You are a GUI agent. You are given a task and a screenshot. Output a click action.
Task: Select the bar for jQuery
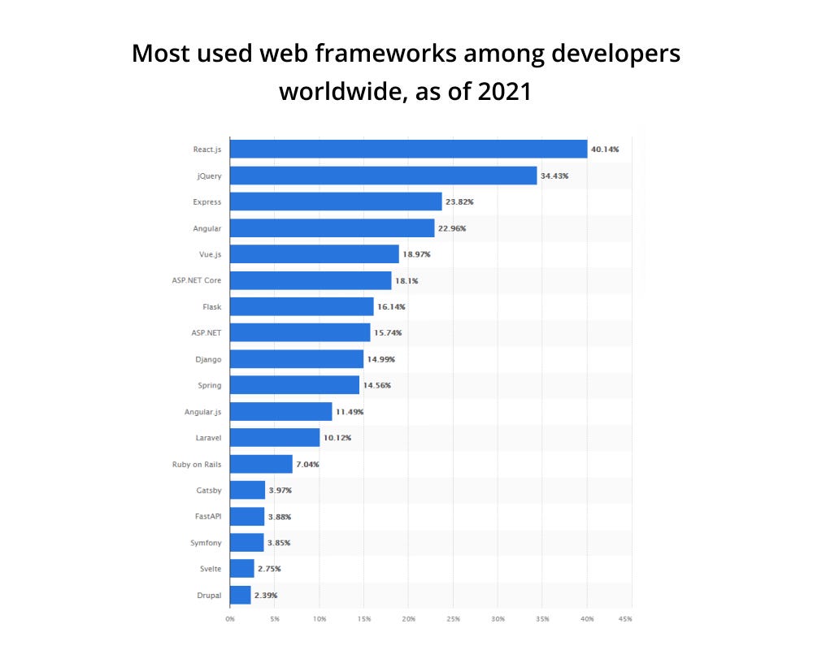pos(383,175)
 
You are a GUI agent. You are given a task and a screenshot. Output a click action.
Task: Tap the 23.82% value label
pos(459,201)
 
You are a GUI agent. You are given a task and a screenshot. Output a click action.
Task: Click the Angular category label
pos(208,227)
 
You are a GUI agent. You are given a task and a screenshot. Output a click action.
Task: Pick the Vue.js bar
pos(314,254)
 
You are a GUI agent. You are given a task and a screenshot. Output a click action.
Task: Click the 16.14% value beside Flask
pos(391,306)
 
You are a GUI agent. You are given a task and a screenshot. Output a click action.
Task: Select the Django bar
pos(297,358)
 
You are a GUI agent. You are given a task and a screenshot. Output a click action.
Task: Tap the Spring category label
pos(210,384)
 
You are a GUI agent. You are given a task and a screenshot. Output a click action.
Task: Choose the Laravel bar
pos(275,437)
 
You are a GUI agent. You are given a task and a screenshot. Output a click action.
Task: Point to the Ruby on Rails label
pos(196,464)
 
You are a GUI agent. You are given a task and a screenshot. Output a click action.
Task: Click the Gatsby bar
pos(247,490)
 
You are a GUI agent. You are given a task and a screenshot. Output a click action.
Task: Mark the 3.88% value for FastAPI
pos(279,517)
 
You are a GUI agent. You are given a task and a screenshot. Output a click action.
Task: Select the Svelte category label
pos(210,569)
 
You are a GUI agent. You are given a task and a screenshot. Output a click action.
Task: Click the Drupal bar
pos(240,595)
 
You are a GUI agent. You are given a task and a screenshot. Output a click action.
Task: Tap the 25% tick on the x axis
pos(453,619)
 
